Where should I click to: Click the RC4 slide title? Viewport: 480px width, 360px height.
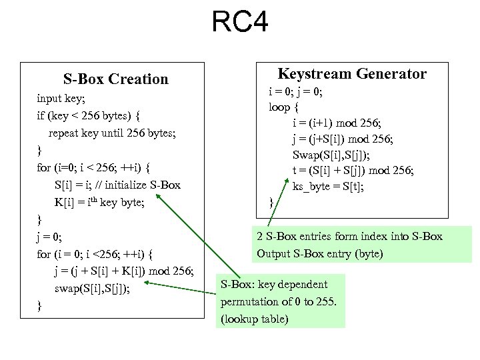point(240,22)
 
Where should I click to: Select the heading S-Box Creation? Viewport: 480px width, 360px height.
point(116,79)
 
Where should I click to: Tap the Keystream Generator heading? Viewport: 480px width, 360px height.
point(351,73)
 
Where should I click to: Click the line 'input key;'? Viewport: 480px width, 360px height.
point(60,98)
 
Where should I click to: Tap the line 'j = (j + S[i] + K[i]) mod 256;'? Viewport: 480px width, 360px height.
point(124,271)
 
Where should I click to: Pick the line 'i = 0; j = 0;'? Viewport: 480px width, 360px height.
point(295,92)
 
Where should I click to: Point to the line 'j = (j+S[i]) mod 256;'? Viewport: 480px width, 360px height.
point(343,139)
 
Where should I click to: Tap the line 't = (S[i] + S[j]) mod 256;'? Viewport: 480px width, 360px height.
point(353,171)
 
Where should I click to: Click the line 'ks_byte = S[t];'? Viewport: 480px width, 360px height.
point(328,187)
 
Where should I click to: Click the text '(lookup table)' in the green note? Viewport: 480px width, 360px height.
point(255,319)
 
